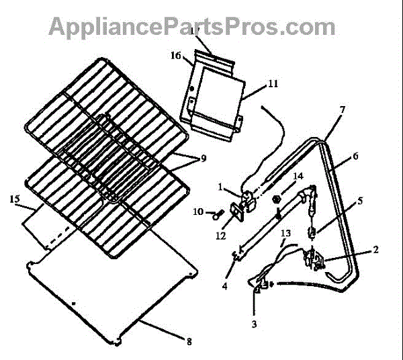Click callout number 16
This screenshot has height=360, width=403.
tap(176, 56)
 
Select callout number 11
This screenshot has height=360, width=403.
tap(253, 84)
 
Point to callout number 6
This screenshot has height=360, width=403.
tap(356, 156)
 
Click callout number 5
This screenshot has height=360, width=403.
tap(360, 199)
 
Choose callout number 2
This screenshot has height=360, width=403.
tap(376, 249)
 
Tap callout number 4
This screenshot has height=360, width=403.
tap(225, 285)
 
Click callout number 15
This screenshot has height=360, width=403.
tap(14, 199)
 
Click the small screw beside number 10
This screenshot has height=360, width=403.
tap(217, 214)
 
